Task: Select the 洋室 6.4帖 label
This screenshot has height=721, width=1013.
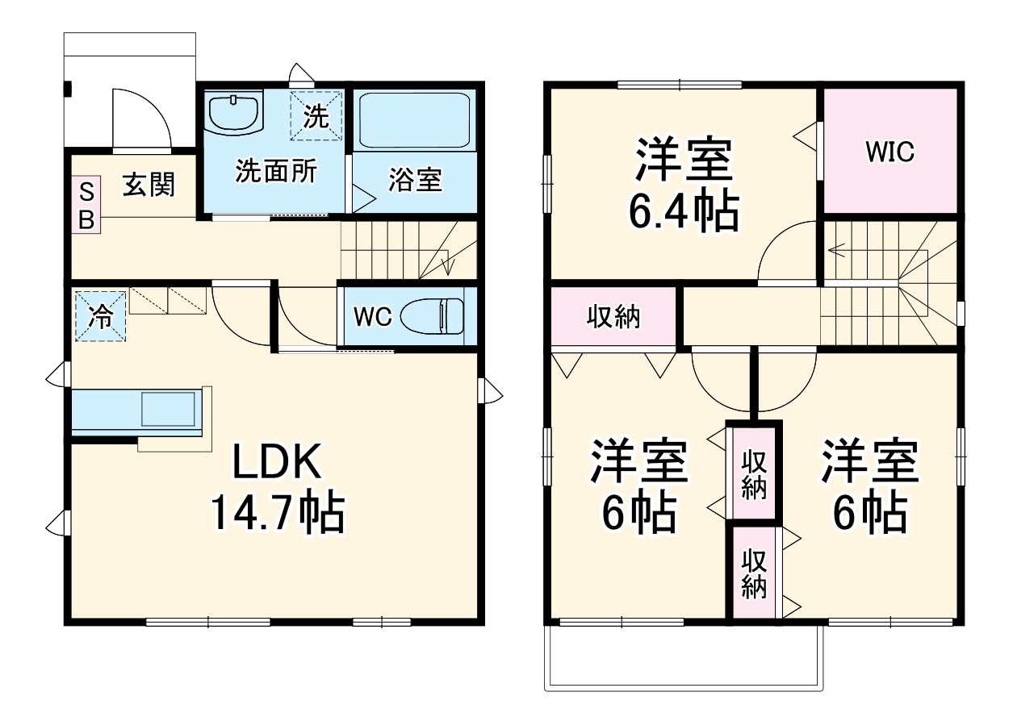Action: click(x=684, y=185)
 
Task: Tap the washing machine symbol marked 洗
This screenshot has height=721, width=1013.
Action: click(x=316, y=117)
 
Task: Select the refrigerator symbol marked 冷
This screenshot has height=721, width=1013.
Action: click(x=101, y=315)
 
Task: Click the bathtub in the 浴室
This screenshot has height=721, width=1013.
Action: click(x=415, y=119)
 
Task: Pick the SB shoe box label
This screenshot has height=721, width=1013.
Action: click(x=86, y=206)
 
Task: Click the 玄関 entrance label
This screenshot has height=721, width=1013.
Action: click(x=149, y=185)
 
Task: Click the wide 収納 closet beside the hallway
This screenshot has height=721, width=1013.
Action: click(x=613, y=317)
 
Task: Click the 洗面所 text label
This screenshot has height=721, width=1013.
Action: click(x=275, y=172)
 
